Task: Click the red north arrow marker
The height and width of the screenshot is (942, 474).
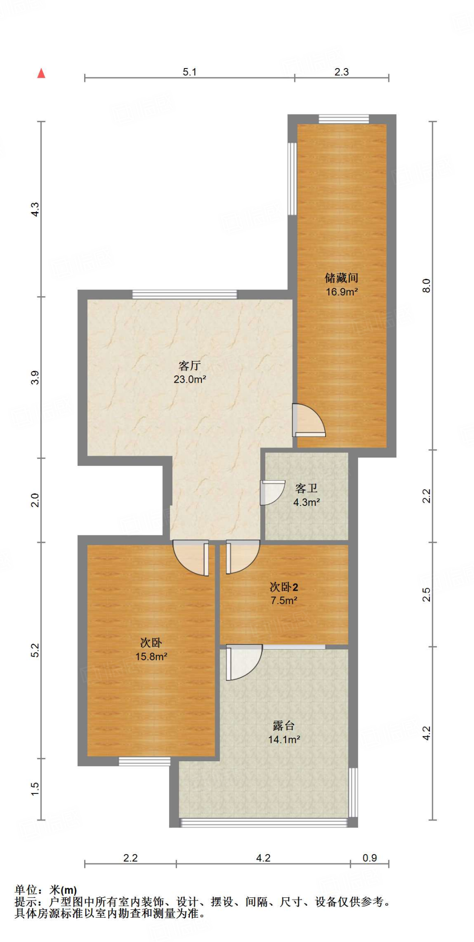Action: [41, 73]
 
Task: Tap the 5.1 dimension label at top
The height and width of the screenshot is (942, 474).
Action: [189, 72]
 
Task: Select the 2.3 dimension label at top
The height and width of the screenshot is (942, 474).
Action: [342, 72]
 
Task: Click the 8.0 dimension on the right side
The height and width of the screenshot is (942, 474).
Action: [426, 286]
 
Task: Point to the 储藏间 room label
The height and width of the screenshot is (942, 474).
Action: [341, 278]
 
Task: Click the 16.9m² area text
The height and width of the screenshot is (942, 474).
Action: [342, 292]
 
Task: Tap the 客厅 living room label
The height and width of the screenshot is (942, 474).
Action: [189, 366]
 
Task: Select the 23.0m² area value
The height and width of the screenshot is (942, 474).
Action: [189, 379]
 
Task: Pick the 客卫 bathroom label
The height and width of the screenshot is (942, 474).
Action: [306, 488]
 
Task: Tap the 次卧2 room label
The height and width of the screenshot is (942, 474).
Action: [284, 587]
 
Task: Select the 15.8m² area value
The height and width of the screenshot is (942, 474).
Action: [151, 657]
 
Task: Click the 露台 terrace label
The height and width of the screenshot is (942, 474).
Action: [284, 726]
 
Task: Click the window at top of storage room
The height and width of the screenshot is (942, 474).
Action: [344, 119]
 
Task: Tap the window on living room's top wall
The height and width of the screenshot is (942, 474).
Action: [185, 294]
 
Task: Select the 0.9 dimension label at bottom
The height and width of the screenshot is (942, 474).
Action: [370, 858]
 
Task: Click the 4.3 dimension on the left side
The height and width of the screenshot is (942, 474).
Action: [35, 209]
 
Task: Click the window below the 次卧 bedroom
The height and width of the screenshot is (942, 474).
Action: [144, 762]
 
